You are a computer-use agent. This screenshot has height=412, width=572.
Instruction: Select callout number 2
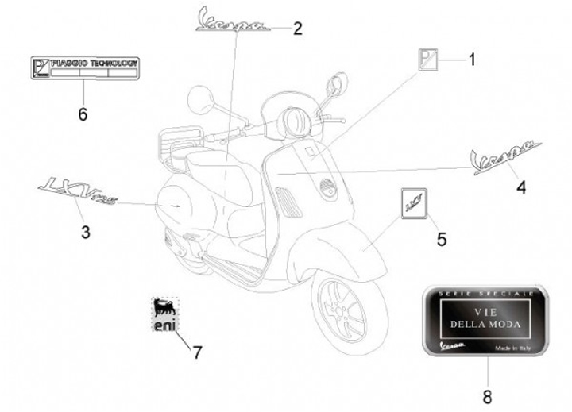pyautogui.click(x=298, y=29)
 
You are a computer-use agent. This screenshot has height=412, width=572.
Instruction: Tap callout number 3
pyautogui.click(x=86, y=233)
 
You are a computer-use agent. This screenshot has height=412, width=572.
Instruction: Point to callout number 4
pyautogui.click(x=521, y=187)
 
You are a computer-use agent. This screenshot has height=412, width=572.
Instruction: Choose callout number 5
pyautogui.click(x=442, y=237)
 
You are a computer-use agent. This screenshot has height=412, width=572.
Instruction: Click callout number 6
pyautogui.click(x=82, y=114)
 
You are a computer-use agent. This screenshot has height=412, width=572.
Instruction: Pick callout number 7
pyautogui.click(x=198, y=352)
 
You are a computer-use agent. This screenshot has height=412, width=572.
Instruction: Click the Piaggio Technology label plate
pyautogui.click(x=84, y=67)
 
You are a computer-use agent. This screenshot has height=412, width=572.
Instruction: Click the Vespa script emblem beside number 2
pyautogui.click(x=235, y=21)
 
